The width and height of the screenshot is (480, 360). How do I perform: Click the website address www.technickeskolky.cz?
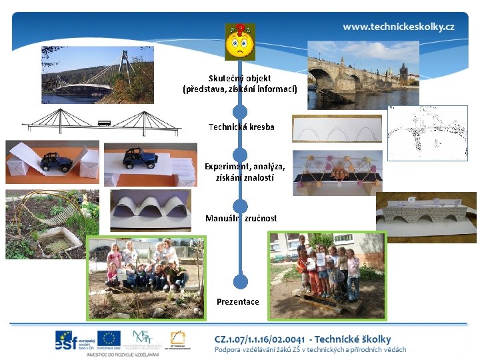pyautogui.click(x=399, y=27)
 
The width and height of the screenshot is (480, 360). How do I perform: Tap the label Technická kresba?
pyautogui.click(x=241, y=127)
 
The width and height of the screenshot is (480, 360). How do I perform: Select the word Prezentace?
pyautogui.click(x=238, y=301)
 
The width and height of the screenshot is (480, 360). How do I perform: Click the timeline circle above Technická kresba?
pyautogui.click(x=240, y=111)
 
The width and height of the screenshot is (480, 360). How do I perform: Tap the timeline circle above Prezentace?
pyautogui.click(x=241, y=281)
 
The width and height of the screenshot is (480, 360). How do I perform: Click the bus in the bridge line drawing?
pyautogui.click(x=104, y=123)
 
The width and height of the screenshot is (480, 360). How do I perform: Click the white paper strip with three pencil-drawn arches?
pyautogui.click(x=337, y=129)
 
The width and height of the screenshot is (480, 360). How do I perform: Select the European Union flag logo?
pyautogui.click(x=108, y=340)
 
